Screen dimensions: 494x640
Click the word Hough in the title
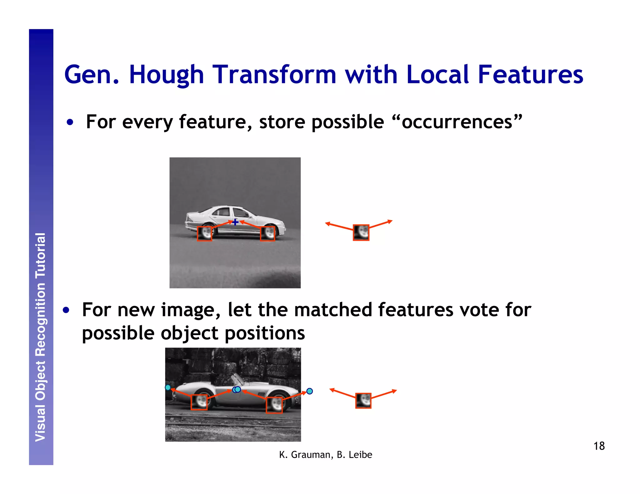[x=166, y=75]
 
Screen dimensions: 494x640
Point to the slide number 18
[x=599, y=446]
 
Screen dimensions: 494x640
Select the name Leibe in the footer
[x=360, y=455]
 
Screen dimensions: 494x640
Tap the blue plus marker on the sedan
[x=235, y=222]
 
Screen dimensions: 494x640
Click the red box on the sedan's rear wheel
[x=204, y=234]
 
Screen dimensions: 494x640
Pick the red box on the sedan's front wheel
[x=267, y=234]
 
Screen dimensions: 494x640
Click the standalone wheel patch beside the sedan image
[x=361, y=233]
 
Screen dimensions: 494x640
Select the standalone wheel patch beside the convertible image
[x=363, y=401]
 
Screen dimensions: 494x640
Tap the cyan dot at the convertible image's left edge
[x=168, y=388]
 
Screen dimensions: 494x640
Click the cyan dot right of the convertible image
[x=309, y=391]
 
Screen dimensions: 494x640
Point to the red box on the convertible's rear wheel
[x=199, y=402]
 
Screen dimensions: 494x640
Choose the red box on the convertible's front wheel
[x=274, y=405]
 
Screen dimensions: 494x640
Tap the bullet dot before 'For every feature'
[x=70, y=122]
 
